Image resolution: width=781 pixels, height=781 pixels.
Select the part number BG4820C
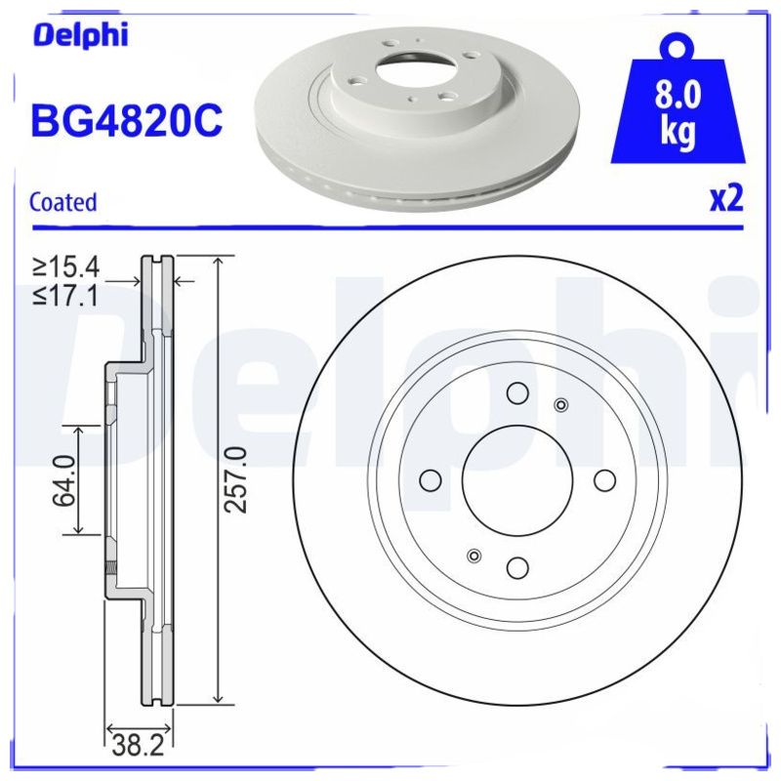click(127, 122)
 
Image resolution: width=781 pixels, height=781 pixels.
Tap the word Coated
click(63, 203)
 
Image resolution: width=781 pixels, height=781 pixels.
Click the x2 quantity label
click(725, 200)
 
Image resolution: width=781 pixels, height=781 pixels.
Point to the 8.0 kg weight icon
click(678, 112)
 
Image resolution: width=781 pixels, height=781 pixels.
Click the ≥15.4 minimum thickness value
click(66, 267)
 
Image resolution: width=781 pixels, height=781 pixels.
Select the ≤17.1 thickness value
click(66, 295)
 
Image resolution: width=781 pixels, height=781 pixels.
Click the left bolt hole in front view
click(430, 480)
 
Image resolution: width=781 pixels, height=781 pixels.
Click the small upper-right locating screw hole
click(560, 405)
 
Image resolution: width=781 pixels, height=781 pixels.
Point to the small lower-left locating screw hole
click(474, 555)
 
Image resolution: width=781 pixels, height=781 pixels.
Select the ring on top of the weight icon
click(678, 44)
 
